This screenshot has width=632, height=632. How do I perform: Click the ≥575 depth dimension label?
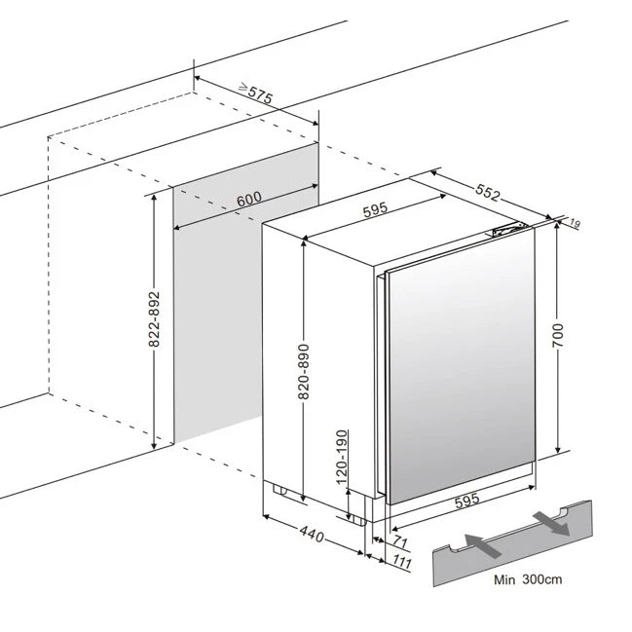click(x=256, y=93)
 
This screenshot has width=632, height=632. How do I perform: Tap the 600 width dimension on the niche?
click(x=249, y=199)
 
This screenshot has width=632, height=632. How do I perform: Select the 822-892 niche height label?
click(x=155, y=318)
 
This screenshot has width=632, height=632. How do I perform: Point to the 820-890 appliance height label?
click(x=304, y=372)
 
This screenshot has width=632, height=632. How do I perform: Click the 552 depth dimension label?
click(x=488, y=193)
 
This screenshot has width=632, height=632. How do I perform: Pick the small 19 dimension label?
click(x=576, y=224)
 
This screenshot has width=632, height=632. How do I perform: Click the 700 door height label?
click(x=558, y=335)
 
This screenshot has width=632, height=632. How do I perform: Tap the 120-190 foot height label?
click(x=342, y=457)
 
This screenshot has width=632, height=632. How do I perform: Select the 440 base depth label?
click(x=312, y=535)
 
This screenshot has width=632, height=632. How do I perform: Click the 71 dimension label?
click(x=400, y=541)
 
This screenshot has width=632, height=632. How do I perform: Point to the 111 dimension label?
click(x=402, y=562)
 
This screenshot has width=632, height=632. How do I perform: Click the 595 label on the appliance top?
click(x=375, y=209)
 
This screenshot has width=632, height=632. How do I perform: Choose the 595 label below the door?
click(x=467, y=501)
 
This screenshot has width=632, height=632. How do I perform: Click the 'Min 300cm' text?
click(x=528, y=579)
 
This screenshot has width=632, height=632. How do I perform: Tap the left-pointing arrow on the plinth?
click(x=483, y=545)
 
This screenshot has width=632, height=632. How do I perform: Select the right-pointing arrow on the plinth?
click(x=551, y=524)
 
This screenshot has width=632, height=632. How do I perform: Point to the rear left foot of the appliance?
click(x=280, y=489)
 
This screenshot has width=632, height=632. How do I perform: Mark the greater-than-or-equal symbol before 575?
click(x=243, y=86)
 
